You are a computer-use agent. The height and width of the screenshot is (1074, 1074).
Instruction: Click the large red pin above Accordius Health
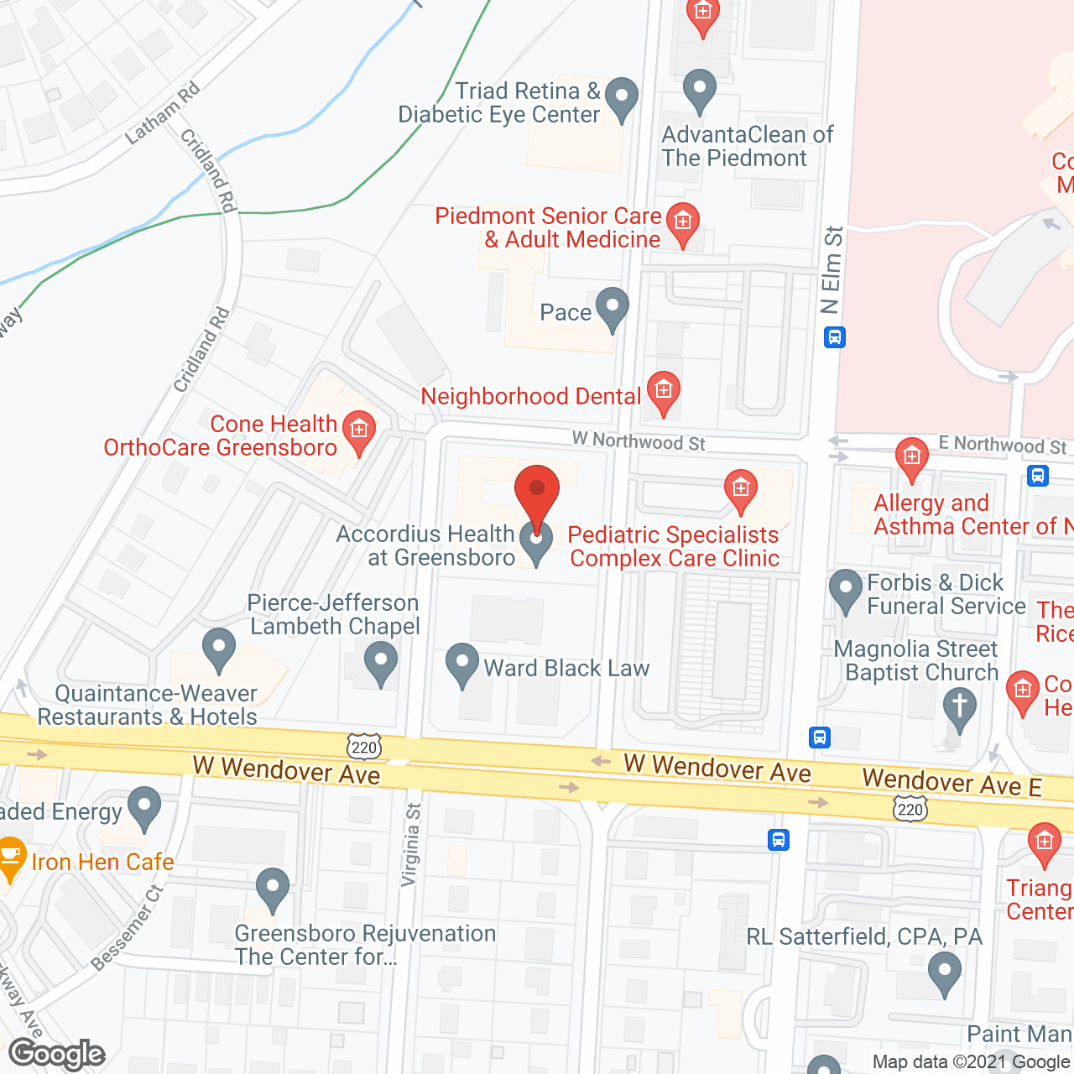[536, 491]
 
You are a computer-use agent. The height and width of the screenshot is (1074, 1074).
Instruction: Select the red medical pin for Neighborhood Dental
[664, 391]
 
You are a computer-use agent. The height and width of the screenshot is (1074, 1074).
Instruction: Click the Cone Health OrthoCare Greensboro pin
[359, 430]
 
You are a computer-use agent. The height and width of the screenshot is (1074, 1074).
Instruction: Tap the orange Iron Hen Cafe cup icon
[10, 857]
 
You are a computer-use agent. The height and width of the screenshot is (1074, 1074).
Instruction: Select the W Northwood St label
[639, 441]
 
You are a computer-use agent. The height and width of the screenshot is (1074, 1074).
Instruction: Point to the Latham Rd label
[163, 112]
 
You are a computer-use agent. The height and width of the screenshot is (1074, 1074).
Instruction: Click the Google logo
[56, 1054]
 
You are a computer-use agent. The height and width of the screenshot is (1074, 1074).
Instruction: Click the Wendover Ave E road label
[951, 783]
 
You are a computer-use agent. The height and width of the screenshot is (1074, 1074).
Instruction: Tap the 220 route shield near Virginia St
[364, 746]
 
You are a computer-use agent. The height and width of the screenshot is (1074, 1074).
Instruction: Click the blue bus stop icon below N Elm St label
[834, 338]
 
